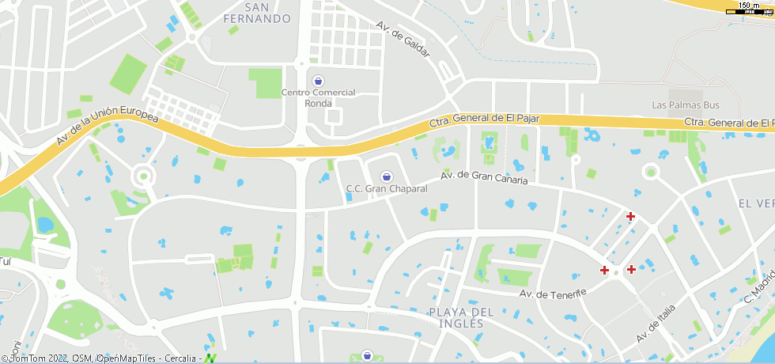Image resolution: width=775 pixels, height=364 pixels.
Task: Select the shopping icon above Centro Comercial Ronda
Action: pyautogui.click(x=319, y=81)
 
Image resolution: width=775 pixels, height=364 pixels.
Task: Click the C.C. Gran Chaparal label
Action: pyautogui.click(x=387, y=189)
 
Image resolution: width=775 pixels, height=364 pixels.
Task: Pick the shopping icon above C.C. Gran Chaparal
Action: pyautogui.click(x=387, y=176)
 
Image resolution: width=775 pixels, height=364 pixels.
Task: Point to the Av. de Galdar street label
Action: pyautogui.click(x=403, y=39)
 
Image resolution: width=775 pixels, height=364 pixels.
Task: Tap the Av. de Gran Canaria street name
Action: pyautogui.click(x=483, y=176)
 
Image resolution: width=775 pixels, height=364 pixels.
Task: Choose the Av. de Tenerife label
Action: pyautogui.click(x=553, y=294)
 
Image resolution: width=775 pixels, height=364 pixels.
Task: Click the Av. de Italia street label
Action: pyautogui.click(x=656, y=323)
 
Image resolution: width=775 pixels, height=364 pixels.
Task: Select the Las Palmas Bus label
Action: pyautogui.click(x=686, y=104)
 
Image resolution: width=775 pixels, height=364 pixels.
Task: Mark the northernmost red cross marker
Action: pyautogui.click(x=630, y=216)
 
